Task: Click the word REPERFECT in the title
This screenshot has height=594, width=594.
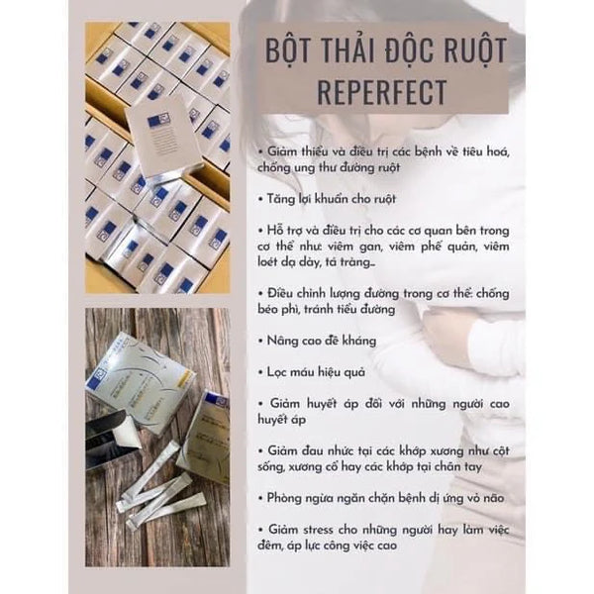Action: coord(382,92)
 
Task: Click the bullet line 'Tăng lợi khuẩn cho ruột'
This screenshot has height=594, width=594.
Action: coord(327,199)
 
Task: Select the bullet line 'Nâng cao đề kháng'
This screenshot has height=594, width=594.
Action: coord(318,341)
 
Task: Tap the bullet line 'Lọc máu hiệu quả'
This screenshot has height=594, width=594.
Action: coord(312,372)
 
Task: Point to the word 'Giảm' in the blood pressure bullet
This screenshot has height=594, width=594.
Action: coord(284,404)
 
